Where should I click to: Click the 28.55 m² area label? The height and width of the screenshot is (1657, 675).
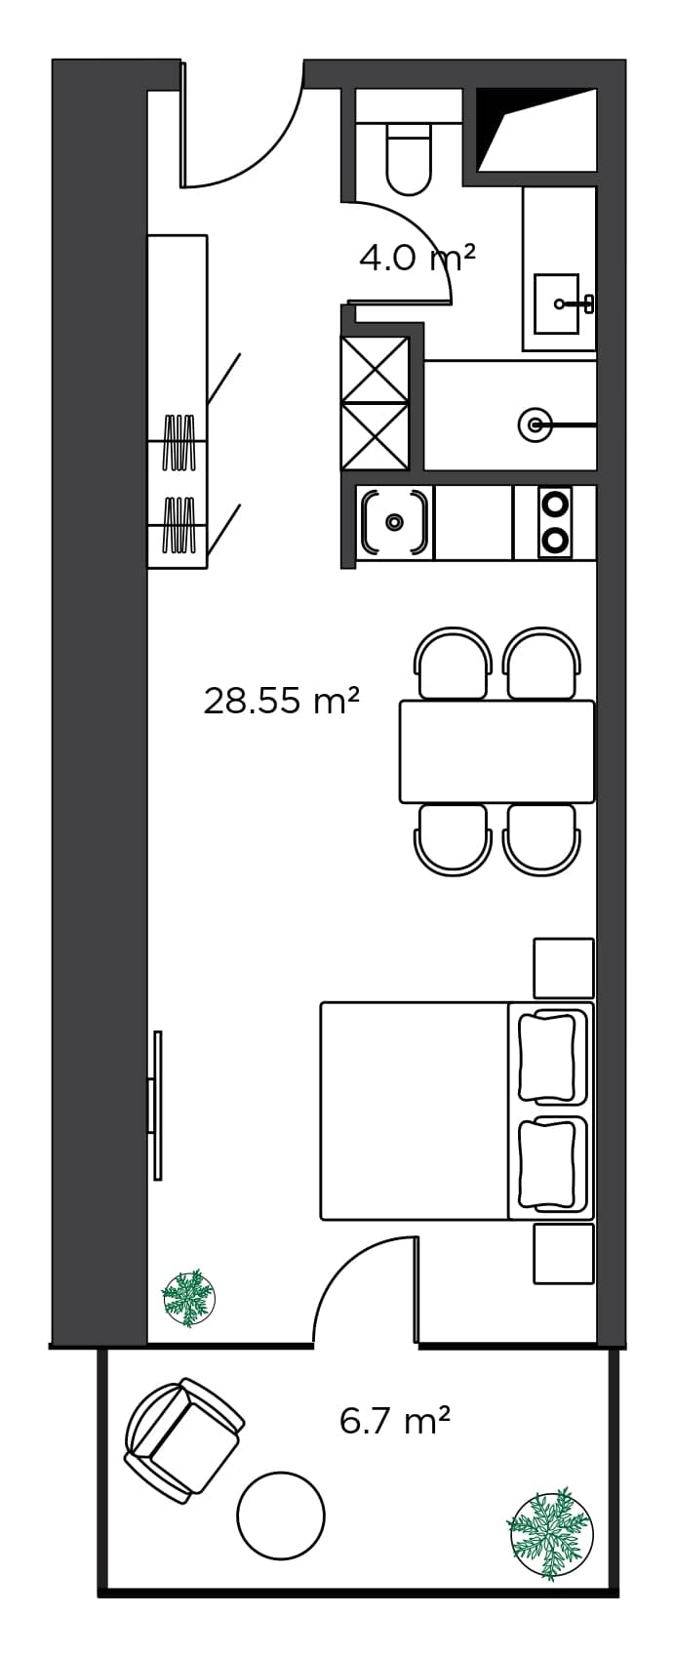click(x=282, y=701)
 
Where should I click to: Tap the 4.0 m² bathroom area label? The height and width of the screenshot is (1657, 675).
click(x=417, y=259)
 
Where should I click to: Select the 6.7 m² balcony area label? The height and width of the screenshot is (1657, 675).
click(x=395, y=1421)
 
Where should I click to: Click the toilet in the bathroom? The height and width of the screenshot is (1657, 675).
click(x=409, y=159)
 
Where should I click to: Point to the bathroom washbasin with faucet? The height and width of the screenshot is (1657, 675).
click(x=559, y=303)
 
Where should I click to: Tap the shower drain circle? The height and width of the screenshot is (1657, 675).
click(x=535, y=424)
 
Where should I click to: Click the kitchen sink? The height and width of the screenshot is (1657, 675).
click(x=394, y=522)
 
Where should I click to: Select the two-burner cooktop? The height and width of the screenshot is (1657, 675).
click(x=555, y=522)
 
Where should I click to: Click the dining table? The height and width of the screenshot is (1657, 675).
click(x=496, y=751)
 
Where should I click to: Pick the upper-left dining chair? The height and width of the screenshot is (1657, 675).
click(x=454, y=664)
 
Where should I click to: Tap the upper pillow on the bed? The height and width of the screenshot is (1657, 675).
click(x=548, y=1057)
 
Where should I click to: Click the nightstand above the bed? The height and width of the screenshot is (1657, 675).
click(x=563, y=967)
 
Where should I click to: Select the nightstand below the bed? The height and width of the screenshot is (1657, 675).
click(x=563, y=1254)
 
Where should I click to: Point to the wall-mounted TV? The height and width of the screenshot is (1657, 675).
click(x=156, y=1105)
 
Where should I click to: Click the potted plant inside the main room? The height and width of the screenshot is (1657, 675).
click(x=187, y=1298)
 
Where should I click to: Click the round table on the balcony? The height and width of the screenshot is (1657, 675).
click(x=281, y=1516)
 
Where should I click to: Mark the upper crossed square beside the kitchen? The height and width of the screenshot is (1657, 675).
click(x=375, y=369)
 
